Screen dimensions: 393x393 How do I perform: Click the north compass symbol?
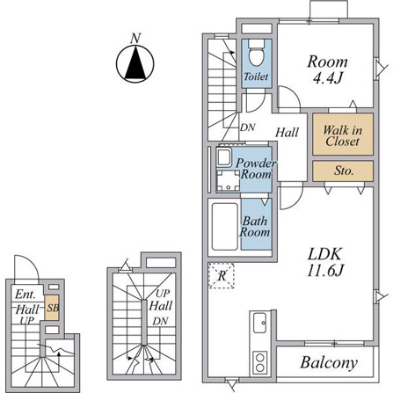pos(135,64)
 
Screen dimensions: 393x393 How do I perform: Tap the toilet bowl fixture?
pos(257,53)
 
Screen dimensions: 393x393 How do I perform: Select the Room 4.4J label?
pos(328,69)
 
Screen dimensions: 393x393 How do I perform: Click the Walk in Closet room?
pos(343,135)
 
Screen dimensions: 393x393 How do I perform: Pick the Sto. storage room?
pos(343,171)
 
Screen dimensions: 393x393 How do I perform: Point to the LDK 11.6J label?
pos(324,262)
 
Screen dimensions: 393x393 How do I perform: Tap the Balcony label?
pos(329,363)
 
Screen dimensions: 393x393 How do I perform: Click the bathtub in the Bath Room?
pos(224,227)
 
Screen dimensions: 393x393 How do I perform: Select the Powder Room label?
pos(256,169)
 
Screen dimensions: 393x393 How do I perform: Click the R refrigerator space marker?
pos(222,276)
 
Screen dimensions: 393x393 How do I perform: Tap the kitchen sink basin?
pos(259,323)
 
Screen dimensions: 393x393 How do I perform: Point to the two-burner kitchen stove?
pos(260,362)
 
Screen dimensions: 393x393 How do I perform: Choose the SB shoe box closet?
pos(52,308)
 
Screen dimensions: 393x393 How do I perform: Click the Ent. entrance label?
pos(25,295)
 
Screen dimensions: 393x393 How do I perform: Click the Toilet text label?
pos(256,76)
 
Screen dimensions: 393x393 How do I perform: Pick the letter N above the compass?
pos(135,38)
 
